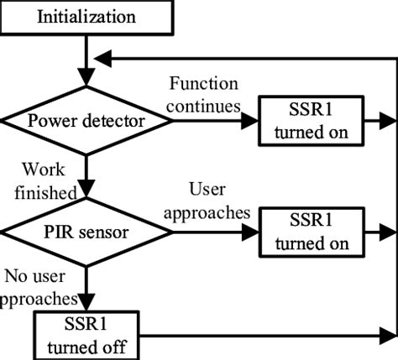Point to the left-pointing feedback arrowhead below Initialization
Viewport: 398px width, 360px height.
(x=102, y=58)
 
